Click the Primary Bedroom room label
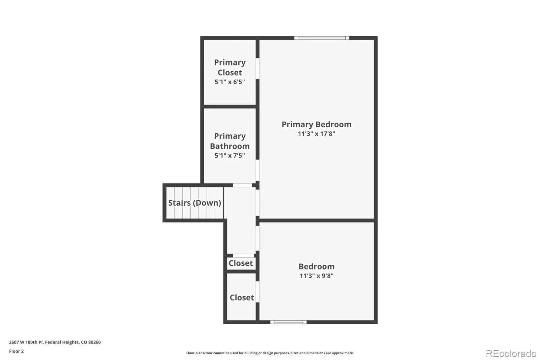point(316,124)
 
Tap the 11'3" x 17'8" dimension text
point(316,133)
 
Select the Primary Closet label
point(230,67)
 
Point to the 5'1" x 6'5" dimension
point(230,82)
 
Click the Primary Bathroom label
point(230,141)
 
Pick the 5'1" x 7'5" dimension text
point(230,155)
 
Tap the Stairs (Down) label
point(194,203)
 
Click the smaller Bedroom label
point(316,266)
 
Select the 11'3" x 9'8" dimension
point(316,276)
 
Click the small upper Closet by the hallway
point(241,263)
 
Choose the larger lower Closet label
point(242,298)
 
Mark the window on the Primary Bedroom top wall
point(322,38)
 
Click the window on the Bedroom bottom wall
point(288,322)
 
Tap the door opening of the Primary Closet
point(258,69)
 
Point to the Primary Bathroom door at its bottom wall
point(242,185)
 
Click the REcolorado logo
point(511,354)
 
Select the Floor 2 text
point(17,351)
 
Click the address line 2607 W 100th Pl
point(55,342)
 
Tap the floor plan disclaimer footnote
point(270,353)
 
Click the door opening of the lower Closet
point(258,292)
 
